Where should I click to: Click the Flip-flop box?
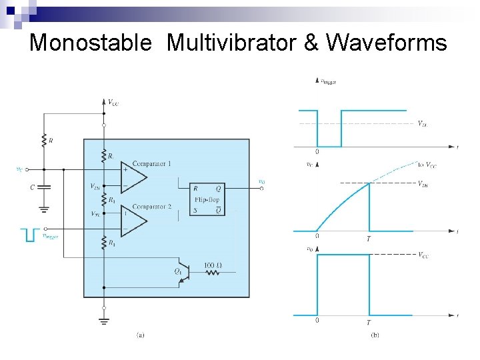pos(207,199)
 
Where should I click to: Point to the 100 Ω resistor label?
pos(213,265)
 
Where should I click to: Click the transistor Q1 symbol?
pos(186,272)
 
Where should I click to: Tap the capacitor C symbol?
pos(44,187)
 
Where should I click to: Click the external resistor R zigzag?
pos(44,140)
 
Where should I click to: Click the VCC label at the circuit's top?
pos(113,103)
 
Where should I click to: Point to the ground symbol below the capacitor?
pos(44,209)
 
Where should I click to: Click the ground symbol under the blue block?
pos(104,321)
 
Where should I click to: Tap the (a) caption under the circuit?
pos(140,335)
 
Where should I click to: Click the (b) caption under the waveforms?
pos(375,335)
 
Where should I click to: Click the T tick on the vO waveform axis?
pos(369,323)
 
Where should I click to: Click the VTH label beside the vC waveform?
pos(423,184)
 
